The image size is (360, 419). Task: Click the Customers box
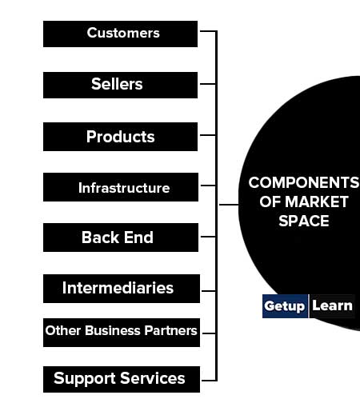[x=120, y=34]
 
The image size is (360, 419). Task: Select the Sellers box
[x=120, y=85]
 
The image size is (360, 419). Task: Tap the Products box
[x=120, y=137]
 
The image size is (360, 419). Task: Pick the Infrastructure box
[x=121, y=187]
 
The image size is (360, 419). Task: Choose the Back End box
[x=121, y=237]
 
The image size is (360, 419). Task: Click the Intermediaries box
[x=122, y=289]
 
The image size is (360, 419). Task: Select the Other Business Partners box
[x=122, y=333]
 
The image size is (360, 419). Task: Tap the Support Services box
[x=122, y=380]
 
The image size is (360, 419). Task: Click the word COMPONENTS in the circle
[x=304, y=182]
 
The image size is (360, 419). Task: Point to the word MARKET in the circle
[x=317, y=202]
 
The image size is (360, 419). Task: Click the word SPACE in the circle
[x=304, y=221]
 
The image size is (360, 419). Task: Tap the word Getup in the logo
[x=284, y=306]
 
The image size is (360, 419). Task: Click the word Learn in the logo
[x=332, y=305]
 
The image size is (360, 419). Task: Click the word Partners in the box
[x=170, y=330]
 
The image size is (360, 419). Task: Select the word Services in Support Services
[x=152, y=378]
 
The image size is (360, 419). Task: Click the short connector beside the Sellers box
[x=208, y=84]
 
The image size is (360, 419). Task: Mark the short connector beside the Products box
[x=208, y=135]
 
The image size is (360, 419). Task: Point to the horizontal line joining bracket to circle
[x=229, y=205]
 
